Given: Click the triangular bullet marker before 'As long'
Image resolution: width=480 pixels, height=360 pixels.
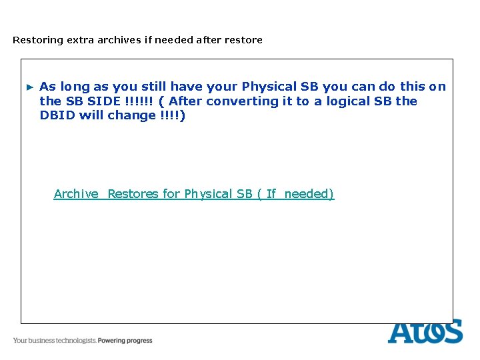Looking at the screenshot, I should (x=29, y=87).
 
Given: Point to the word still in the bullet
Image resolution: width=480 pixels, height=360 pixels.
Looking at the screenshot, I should (x=154, y=87).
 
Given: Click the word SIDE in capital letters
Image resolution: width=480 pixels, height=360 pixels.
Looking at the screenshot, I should (x=103, y=101).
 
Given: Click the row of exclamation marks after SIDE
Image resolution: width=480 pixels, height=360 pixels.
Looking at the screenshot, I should (x=138, y=101).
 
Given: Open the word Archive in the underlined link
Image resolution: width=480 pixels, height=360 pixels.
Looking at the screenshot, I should (x=76, y=194).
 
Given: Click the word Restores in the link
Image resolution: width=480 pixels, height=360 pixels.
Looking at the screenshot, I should (x=133, y=194).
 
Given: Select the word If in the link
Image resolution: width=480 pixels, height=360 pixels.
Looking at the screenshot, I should (x=271, y=194).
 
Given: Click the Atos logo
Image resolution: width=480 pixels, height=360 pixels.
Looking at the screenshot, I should (x=425, y=331).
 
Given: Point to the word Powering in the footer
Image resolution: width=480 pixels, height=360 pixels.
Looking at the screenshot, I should (x=112, y=341).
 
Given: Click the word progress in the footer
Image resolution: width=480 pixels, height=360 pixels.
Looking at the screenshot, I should (x=140, y=341).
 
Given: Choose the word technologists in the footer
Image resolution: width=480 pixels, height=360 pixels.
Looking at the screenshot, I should (x=76, y=341).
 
